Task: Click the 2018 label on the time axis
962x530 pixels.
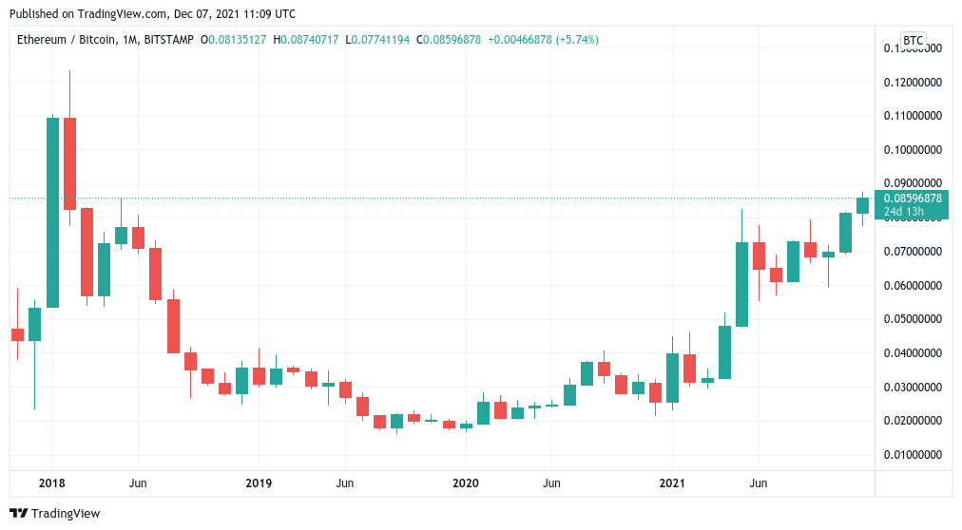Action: [51, 483]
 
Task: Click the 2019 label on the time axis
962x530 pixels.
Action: [259, 483]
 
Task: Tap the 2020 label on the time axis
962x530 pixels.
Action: [466, 483]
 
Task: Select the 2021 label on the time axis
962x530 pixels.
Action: [672, 483]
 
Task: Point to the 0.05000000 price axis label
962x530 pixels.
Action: [913, 319]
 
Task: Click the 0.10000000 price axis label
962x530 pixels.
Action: [913, 150]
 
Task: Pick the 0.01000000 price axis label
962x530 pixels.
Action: [913, 455]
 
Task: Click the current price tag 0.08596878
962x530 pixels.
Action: [913, 199]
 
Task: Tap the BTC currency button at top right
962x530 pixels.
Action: [913, 40]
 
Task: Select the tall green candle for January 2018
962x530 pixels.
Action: [52, 212]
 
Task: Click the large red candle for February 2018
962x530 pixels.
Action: [69, 163]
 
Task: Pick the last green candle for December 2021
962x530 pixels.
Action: [862, 205]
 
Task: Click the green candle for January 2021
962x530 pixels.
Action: [672, 377]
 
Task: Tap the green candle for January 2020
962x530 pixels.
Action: [466, 426]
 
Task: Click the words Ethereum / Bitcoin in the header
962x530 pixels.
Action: [61, 40]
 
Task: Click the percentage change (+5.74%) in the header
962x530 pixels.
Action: [576, 40]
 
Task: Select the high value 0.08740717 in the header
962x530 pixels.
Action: [313, 40]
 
